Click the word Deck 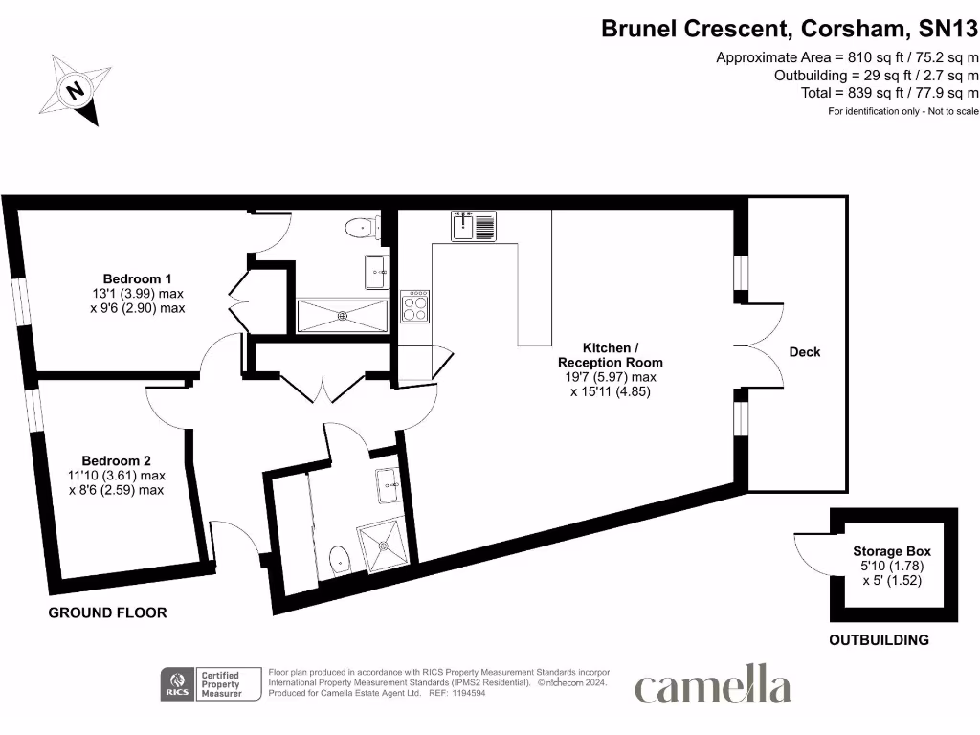804,352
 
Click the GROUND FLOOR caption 107,612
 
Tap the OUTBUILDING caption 879,640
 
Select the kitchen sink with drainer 474,227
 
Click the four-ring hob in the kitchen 414,306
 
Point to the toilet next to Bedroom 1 362,228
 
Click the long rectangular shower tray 342,315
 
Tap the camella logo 712,687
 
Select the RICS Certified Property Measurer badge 212,684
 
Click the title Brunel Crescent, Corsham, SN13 789,29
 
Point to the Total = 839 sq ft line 889,93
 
